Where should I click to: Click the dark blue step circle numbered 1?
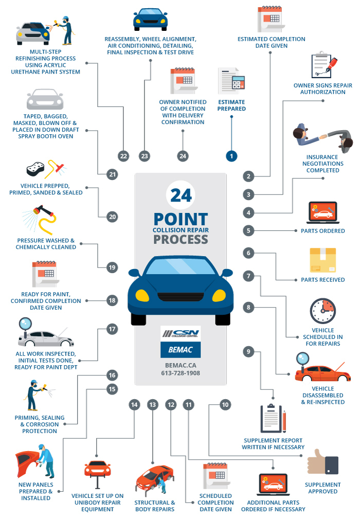click(x=231, y=155)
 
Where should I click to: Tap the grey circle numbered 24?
click(x=183, y=155)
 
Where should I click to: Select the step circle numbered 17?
click(x=112, y=329)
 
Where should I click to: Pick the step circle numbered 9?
click(x=249, y=352)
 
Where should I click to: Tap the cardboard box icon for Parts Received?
click(x=322, y=260)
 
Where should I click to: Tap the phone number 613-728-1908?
click(x=180, y=373)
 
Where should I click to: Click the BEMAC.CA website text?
click(x=180, y=365)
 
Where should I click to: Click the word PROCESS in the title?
click(x=181, y=239)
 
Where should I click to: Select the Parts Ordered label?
click(x=322, y=231)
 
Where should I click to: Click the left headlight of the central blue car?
click(x=142, y=295)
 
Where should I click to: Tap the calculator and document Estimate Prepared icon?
click(x=231, y=81)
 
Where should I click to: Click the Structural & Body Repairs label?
click(x=154, y=506)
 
